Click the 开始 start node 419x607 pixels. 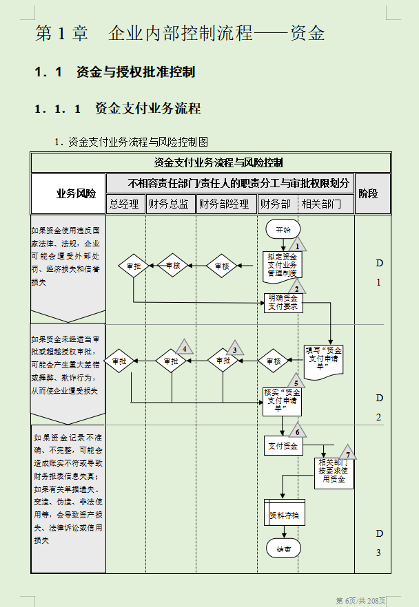(x=283, y=229)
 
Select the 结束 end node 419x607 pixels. (x=283, y=549)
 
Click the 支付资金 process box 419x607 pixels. (x=283, y=445)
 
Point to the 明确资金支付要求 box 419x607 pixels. (x=283, y=302)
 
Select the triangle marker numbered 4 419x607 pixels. (x=184, y=348)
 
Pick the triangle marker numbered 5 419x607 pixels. (x=296, y=382)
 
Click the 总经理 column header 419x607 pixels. (x=125, y=204)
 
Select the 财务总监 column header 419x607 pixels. (x=170, y=204)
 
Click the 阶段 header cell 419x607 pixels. (x=368, y=193)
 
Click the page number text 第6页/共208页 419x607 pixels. (x=360, y=600)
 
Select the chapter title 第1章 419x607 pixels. (x=62, y=34)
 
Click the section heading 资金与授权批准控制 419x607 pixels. (x=136, y=72)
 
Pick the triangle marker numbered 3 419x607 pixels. (x=235, y=348)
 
